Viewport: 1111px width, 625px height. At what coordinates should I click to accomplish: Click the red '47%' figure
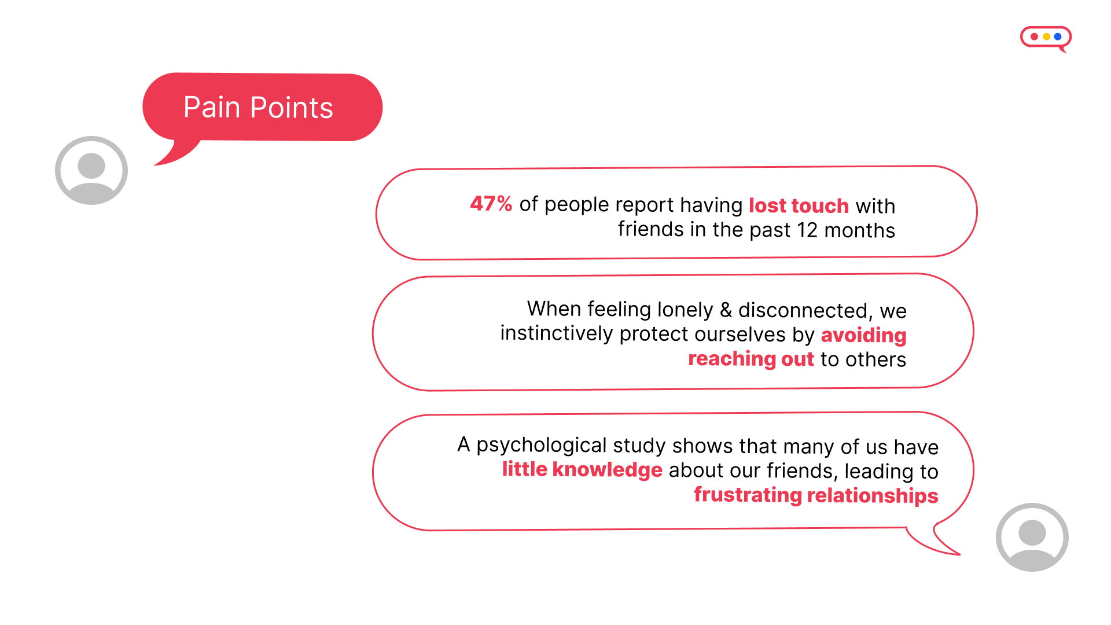[491, 204]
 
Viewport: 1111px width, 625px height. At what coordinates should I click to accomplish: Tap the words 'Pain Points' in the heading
[258, 108]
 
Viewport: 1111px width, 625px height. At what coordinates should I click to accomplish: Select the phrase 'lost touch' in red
[799, 205]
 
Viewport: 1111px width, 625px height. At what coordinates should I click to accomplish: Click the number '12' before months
[807, 230]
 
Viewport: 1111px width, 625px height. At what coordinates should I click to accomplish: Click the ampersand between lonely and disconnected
[726, 310]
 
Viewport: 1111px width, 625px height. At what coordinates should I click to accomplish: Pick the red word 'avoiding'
[863, 335]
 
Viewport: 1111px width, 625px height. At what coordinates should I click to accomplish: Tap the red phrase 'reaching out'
[751, 359]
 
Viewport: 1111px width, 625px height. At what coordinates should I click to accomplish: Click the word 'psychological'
[542, 446]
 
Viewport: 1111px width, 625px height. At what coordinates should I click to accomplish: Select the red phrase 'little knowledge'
[582, 469]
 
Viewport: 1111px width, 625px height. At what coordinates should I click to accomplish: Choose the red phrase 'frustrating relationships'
[816, 495]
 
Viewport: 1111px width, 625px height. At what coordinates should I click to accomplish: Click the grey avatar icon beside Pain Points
[91, 170]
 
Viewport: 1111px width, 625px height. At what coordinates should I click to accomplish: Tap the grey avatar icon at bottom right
[1032, 537]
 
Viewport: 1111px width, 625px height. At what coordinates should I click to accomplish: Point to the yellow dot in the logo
[1046, 36]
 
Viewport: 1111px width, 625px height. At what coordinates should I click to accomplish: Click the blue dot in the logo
[1058, 36]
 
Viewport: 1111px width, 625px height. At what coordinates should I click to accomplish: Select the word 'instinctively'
[556, 334]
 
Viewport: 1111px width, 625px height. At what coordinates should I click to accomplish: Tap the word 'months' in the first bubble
[859, 230]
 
